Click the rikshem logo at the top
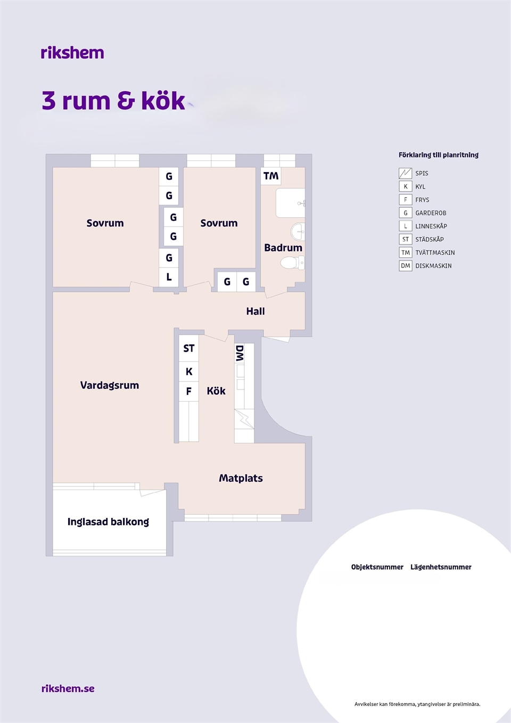(72, 53)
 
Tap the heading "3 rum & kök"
(113, 100)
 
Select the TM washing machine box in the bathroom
(270, 176)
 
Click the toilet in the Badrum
(293, 263)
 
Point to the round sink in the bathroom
(298, 231)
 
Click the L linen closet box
(169, 277)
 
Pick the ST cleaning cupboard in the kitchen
(188, 348)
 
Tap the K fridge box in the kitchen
(188, 371)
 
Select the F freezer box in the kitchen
(188, 391)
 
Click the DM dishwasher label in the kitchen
(240, 353)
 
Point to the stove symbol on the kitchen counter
(244, 419)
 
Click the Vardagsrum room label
(110, 385)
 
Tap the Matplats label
(241, 478)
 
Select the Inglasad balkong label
(109, 522)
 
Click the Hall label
(256, 311)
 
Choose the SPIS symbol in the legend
(405, 173)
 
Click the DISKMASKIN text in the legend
(433, 266)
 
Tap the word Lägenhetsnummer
(441, 567)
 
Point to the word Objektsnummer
(377, 567)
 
